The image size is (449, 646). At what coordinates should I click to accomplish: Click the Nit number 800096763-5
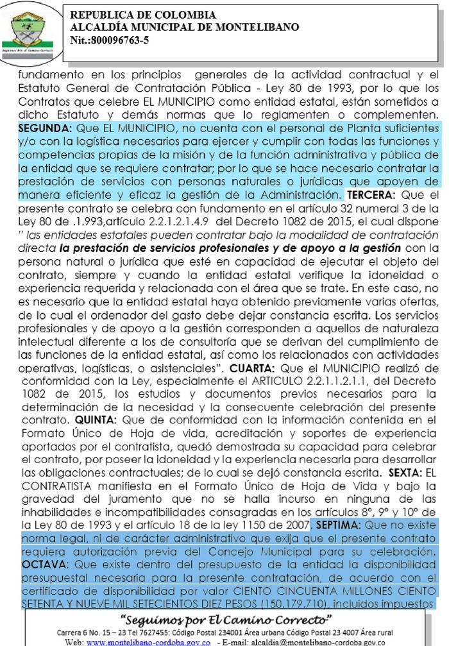108,40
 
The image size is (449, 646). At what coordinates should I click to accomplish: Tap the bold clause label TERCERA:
369,194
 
